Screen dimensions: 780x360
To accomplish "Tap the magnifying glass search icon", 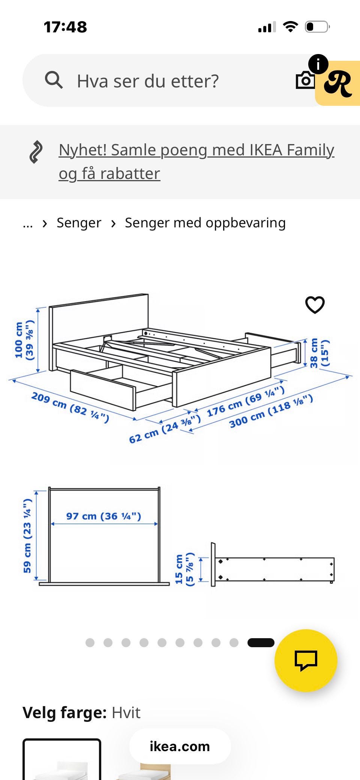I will pyautogui.click(x=54, y=80).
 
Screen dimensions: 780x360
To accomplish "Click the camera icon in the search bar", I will pyautogui.click(x=305, y=80).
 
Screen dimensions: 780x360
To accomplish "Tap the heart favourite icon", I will pyautogui.click(x=315, y=305).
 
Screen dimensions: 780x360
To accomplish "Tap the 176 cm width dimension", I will pyautogui.click(x=246, y=401).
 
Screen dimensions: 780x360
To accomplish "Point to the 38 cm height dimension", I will pyautogui.click(x=319, y=353).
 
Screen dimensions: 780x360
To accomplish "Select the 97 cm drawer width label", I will pyautogui.click(x=104, y=516).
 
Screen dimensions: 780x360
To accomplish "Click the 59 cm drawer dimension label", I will pyautogui.click(x=27, y=536).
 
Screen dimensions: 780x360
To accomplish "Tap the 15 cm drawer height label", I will pyautogui.click(x=184, y=569).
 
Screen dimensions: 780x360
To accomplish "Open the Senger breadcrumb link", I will pyautogui.click(x=79, y=223).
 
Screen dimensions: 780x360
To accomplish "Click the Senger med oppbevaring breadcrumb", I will pyautogui.click(x=205, y=223).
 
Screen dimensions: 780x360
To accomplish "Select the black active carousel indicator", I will pyautogui.click(x=261, y=643).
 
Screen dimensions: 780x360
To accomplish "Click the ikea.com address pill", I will pyautogui.click(x=180, y=746).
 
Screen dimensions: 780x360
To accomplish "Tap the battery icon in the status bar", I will pyautogui.click(x=317, y=27).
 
